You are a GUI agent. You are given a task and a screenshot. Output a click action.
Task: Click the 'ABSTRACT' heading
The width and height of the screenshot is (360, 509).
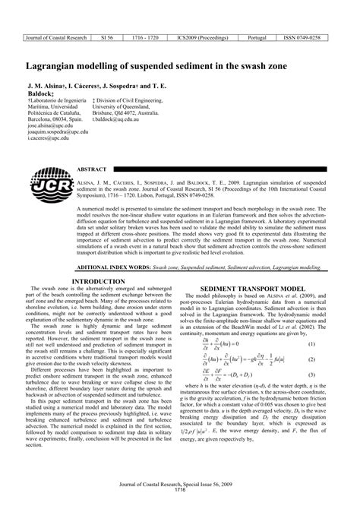pyautogui.click(x=92, y=170)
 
